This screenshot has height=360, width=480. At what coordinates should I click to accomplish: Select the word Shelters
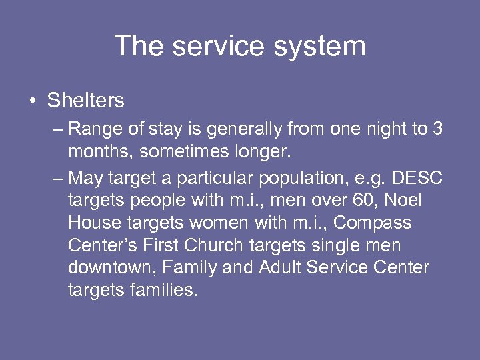tap(85, 101)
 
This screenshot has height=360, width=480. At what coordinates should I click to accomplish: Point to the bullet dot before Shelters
tap(32, 101)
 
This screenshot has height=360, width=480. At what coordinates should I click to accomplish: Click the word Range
tap(93, 129)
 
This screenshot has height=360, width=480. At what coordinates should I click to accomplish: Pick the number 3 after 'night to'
tap(437, 128)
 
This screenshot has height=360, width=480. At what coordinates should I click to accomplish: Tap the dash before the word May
tap(58, 178)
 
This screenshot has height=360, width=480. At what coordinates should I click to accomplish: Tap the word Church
tap(212, 245)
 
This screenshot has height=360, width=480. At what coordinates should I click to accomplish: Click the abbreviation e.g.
tap(369, 179)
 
